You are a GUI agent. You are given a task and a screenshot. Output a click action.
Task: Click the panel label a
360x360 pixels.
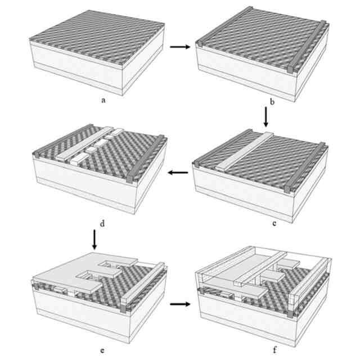103,100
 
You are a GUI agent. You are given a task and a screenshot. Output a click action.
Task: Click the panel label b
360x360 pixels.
272,102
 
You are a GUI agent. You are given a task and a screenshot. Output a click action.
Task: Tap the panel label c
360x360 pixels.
274,223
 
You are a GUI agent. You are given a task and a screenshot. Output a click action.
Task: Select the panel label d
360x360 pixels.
102,223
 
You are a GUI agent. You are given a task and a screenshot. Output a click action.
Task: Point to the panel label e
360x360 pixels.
102,350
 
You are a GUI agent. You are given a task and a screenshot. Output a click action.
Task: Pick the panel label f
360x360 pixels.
275,350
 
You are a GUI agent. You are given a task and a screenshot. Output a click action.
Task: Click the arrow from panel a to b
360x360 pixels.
180,47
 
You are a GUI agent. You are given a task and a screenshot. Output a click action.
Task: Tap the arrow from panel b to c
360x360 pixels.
266,117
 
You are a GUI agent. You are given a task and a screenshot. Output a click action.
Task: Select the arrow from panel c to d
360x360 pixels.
178,173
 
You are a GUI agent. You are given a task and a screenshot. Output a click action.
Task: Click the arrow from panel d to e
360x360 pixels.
94,240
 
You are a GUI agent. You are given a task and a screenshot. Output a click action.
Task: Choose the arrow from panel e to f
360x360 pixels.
180,304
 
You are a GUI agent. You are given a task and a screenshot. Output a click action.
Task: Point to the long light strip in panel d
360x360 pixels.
85,143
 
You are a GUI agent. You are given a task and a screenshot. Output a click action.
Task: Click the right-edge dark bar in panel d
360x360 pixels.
146,159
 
